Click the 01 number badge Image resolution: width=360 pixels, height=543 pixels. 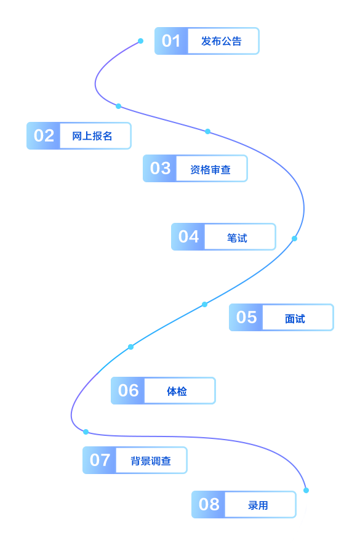tap(171, 41)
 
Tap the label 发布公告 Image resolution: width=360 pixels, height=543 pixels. tap(221, 41)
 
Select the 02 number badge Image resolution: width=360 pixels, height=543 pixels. tap(44, 135)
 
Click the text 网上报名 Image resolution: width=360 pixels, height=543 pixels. tap(92, 136)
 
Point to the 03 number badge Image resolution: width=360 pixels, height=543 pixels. tap(160, 168)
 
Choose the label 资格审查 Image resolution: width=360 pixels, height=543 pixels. tap(210, 170)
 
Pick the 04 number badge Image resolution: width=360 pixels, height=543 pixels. tap(188, 237)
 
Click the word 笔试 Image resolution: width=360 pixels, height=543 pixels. tap(237, 238)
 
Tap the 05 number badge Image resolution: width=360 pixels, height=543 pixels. tap(246, 317)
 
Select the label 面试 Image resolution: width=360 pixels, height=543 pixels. tap(295, 319)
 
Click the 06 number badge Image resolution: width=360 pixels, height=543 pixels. tap(128, 390)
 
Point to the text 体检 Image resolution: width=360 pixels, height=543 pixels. tap(177, 392)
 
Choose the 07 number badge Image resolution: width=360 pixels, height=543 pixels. tap(100, 461)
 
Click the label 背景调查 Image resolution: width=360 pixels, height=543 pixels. tap(151, 461)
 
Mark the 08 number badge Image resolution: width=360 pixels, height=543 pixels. tap(209, 505)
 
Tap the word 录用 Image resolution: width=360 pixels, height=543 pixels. tap(258, 505)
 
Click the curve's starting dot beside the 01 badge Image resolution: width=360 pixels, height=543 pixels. tap(140, 41)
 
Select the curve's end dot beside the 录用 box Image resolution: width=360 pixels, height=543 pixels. tap(306, 490)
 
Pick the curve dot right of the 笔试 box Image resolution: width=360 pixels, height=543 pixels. tap(294, 239)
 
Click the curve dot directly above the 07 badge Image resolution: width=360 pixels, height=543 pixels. tap(86, 432)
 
